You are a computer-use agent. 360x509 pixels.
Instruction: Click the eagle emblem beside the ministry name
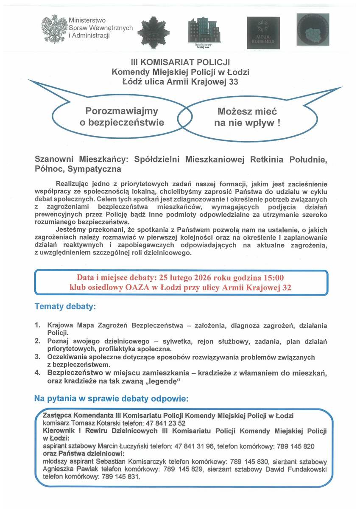(54, 28)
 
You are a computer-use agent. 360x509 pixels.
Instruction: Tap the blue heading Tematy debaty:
(65, 306)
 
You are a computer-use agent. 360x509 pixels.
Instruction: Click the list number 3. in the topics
(38, 357)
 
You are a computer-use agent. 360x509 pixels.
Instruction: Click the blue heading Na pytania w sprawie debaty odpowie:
(111, 399)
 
